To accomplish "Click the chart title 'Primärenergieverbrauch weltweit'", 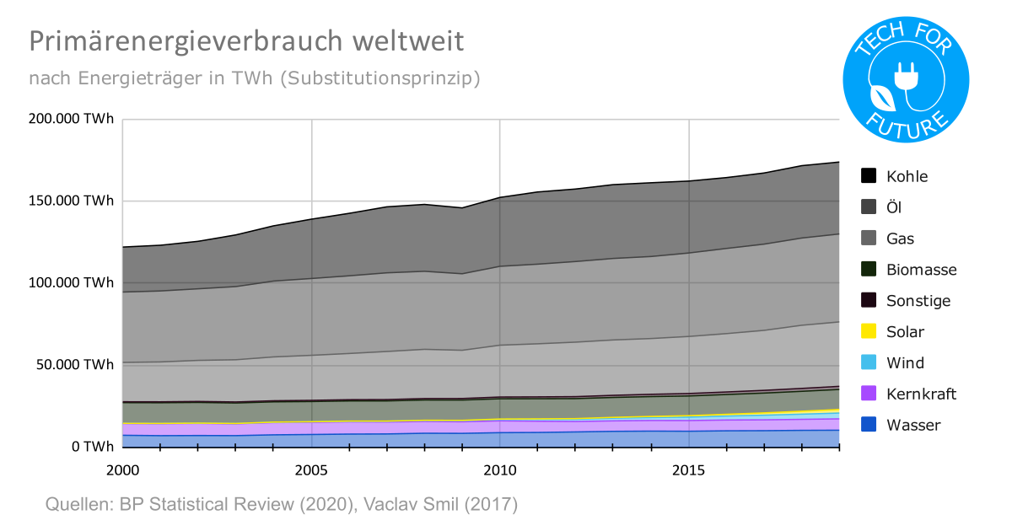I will [x=246, y=41].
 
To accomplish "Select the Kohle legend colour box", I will [x=869, y=176].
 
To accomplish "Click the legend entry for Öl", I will [x=894, y=207].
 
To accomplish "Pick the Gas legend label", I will [x=900, y=239].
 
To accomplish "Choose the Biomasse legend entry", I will [x=921, y=270].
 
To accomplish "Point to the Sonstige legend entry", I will [x=918, y=301].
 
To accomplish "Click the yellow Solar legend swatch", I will [x=869, y=332].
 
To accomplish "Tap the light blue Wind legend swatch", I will [x=869, y=363].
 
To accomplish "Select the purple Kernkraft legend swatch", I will [x=869, y=394].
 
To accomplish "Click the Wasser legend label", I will [x=913, y=425].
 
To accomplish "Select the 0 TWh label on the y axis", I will [x=92, y=447].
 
